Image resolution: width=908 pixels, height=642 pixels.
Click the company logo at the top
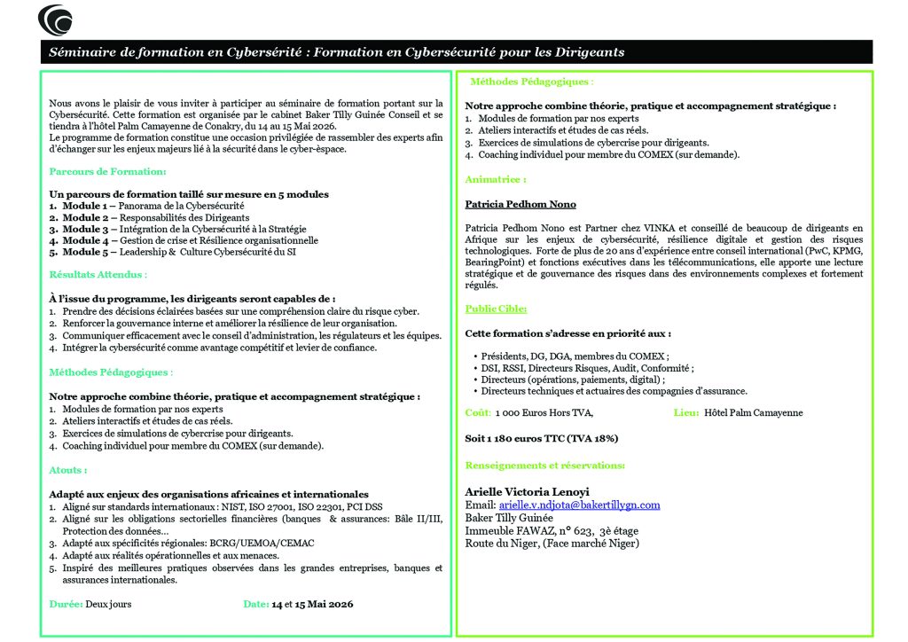[x=56, y=19]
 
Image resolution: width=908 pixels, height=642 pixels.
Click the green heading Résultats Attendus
[x=98, y=276]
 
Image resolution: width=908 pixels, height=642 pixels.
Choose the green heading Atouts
[x=67, y=470]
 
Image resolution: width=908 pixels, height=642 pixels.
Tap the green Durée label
[x=66, y=604]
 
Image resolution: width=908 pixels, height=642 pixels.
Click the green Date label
[x=256, y=604]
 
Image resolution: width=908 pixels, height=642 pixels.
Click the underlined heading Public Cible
[x=496, y=309]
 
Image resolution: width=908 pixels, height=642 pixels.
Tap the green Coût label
[x=479, y=413]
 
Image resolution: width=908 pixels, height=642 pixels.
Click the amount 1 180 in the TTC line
[x=498, y=438]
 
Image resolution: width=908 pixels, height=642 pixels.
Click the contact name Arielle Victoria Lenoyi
[x=527, y=492]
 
